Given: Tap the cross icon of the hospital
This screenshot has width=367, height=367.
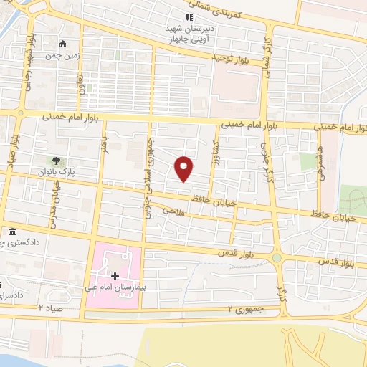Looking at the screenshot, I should coord(115,276).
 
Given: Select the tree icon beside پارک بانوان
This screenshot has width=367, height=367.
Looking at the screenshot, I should coord(55,161).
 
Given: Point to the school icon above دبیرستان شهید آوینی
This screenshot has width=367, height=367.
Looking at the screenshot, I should coord(189,16).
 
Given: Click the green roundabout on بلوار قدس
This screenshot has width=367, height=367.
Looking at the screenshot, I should coord(277,257).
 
